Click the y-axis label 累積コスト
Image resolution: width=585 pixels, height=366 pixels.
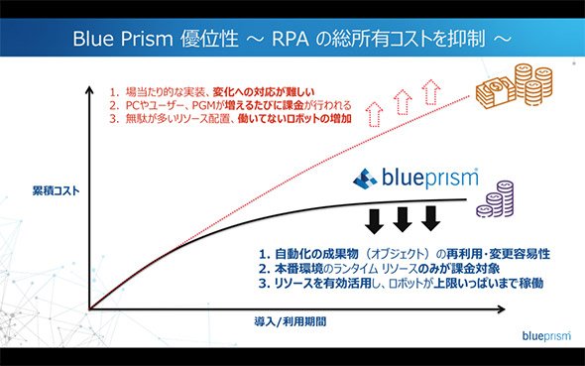[x=56, y=190]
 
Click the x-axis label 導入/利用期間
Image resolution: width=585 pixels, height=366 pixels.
[x=291, y=321]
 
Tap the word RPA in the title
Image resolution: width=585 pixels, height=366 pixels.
[x=291, y=39]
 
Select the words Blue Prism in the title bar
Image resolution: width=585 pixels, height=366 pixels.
[x=123, y=39]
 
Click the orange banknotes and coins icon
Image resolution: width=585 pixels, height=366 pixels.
[x=514, y=86]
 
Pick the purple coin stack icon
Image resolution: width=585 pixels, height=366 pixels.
[x=496, y=198]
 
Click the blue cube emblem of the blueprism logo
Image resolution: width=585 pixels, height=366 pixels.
[x=365, y=179]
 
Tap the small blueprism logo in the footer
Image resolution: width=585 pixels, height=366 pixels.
[x=546, y=335]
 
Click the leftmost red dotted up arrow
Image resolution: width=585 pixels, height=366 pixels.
[x=374, y=114]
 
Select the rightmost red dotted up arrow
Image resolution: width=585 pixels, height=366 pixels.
[x=431, y=92]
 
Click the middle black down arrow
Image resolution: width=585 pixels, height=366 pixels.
[x=403, y=219]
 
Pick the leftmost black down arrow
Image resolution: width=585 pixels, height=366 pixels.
[x=374, y=221]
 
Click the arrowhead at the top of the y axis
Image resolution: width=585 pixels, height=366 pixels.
[x=89, y=89]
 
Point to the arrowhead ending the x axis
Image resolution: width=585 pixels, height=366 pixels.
[x=502, y=308]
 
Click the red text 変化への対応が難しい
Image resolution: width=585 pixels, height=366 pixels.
[x=264, y=92]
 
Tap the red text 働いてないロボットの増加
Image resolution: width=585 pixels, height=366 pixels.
[x=294, y=119]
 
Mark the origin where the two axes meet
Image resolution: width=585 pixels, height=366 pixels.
[x=89, y=308]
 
